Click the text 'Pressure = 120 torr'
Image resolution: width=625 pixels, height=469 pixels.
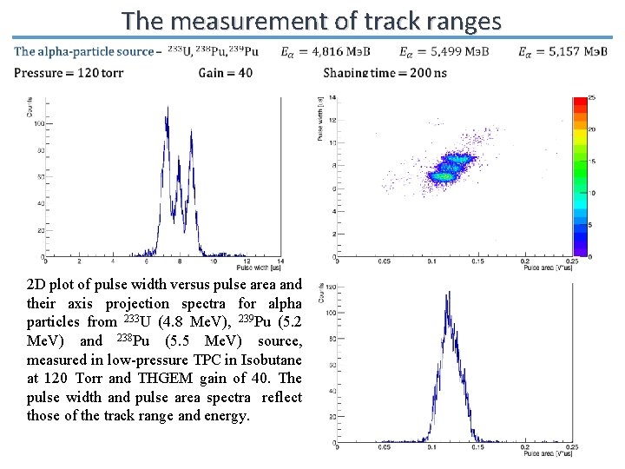coord(69,72)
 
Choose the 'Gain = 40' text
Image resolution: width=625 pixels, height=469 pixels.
coord(226,72)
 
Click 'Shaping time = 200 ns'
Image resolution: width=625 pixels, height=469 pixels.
coord(385,72)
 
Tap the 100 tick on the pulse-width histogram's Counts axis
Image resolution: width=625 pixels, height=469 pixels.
coord(38,123)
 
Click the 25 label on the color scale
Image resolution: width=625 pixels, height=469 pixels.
coord(593,96)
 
